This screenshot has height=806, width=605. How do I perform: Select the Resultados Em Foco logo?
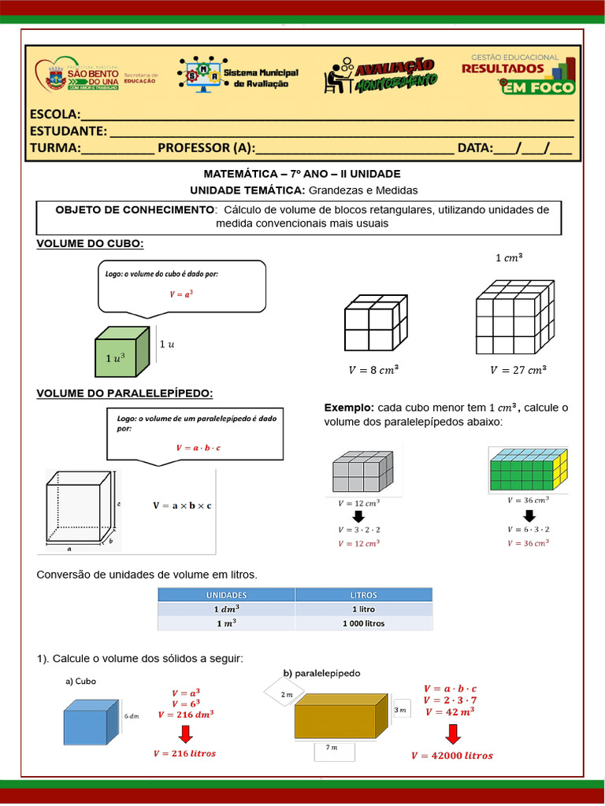pyautogui.click(x=518, y=73)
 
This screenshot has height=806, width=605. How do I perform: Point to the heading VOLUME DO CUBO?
pyautogui.click(x=90, y=244)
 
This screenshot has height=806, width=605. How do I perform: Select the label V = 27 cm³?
pyautogui.click(x=518, y=369)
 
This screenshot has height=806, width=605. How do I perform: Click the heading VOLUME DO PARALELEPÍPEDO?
pyautogui.click(x=124, y=393)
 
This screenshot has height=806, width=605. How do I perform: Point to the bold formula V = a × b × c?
pyautogui.click(x=182, y=505)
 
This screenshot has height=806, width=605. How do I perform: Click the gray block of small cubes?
pyautogui.click(x=362, y=472)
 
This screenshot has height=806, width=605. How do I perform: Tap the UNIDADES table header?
pyautogui.click(x=226, y=595)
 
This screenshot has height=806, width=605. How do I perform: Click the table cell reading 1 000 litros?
pyautogui.click(x=363, y=623)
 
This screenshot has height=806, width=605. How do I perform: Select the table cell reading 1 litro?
pyautogui.click(x=363, y=609)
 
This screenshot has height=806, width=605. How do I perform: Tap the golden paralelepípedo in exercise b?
pyautogui.click(x=340, y=716)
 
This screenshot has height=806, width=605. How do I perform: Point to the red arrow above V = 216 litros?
pyautogui.click(x=185, y=734)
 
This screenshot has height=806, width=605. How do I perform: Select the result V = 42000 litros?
pyautogui.click(x=451, y=756)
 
